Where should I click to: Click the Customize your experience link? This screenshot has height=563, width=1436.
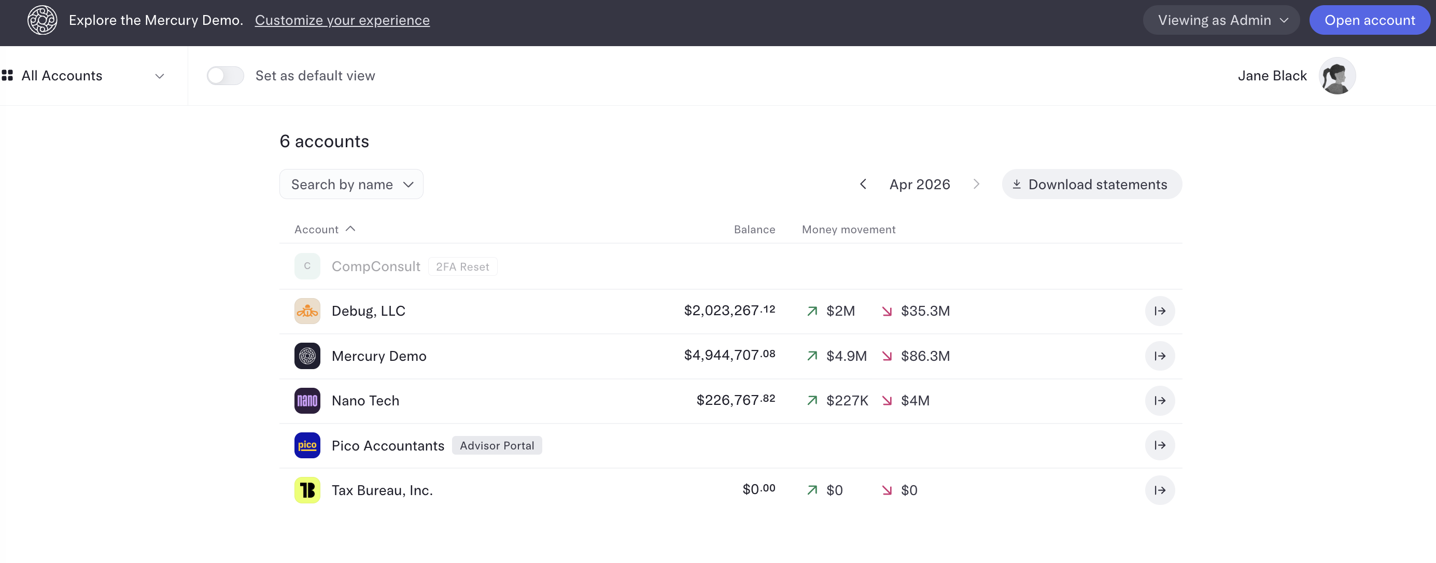342,20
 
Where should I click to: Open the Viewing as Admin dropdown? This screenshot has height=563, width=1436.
1221,20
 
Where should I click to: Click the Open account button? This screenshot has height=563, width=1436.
1369,20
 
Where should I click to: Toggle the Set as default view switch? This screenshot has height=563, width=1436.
225,75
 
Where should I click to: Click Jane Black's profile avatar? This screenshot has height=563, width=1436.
1337,75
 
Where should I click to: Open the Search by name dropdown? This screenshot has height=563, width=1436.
351,184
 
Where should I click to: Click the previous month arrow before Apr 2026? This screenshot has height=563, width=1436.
863,184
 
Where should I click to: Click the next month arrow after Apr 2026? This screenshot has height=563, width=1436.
976,184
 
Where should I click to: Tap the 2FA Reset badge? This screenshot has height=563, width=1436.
463,266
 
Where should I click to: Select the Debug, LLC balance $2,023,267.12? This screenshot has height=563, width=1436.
729,311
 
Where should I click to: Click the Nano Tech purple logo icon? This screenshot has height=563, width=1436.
307,400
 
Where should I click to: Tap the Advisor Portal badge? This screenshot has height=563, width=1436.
497,445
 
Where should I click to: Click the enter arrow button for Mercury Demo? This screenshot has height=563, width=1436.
1160,356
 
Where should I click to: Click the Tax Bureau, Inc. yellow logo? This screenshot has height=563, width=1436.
307,490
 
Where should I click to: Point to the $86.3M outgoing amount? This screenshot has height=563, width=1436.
925,356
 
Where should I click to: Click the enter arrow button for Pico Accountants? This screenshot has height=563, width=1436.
1160,445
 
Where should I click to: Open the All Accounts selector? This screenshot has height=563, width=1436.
83,75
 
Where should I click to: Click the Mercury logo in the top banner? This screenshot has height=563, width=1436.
43,20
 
